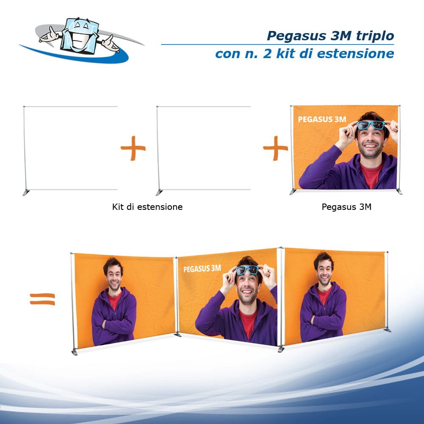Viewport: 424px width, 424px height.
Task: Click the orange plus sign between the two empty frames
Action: click(x=133, y=148)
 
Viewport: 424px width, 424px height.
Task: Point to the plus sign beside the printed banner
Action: click(x=276, y=148)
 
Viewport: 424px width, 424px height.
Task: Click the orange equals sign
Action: click(x=42, y=299)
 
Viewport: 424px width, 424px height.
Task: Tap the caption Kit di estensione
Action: click(x=147, y=207)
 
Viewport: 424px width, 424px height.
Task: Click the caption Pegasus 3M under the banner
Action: click(x=346, y=207)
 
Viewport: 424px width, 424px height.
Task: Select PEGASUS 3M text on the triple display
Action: click(x=202, y=268)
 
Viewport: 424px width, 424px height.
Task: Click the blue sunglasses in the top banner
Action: click(x=370, y=125)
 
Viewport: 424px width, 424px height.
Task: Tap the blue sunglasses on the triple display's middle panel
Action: click(x=248, y=270)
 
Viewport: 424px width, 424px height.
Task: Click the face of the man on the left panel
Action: click(x=113, y=276)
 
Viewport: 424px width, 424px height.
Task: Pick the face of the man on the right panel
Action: click(x=324, y=271)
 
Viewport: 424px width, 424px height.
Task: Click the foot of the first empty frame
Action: click(x=26, y=192)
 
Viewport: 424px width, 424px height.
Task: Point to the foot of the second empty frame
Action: click(x=159, y=192)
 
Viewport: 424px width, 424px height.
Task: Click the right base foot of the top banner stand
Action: click(x=399, y=192)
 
